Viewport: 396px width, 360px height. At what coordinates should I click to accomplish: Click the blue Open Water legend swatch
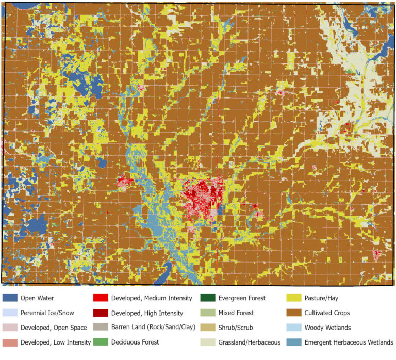[10, 298]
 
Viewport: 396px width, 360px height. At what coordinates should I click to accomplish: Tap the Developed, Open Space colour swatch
[10, 328]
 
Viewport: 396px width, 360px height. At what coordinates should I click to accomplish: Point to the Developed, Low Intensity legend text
[56, 342]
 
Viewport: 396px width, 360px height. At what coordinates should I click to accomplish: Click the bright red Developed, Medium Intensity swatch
[100, 298]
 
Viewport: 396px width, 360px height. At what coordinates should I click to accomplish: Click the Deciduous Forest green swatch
[100, 342]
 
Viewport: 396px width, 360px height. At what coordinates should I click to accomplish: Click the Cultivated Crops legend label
[327, 313]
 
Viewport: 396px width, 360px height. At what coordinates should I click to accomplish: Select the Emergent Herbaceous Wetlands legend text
[349, 342]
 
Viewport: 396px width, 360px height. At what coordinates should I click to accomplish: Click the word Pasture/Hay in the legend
[323, 298]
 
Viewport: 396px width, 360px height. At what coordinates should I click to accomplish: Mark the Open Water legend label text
[37, 298]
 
